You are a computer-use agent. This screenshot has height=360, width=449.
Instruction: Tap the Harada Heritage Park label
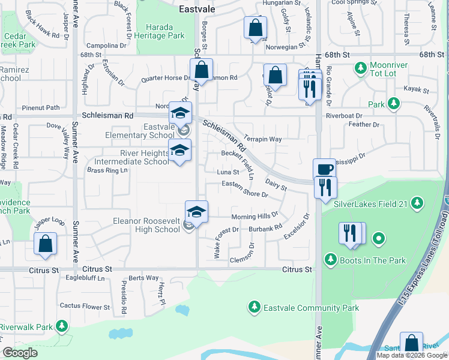point(160,31)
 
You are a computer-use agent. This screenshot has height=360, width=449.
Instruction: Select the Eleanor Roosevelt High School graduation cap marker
point(196,212)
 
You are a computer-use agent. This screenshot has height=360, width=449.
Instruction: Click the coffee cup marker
point(324,169)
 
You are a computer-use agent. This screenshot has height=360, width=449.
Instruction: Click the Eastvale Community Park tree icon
point(255,308)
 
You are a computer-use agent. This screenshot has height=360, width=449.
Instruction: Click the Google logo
point(20,353)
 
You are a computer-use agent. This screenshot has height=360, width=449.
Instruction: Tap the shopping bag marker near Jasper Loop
point(45,244)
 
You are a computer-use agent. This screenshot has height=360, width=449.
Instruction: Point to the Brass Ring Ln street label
point(107,170)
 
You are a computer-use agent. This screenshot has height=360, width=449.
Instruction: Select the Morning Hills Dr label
point(255,215)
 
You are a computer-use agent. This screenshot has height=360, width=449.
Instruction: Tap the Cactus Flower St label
point(85,307)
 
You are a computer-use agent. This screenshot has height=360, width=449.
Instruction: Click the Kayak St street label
point(416,91)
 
